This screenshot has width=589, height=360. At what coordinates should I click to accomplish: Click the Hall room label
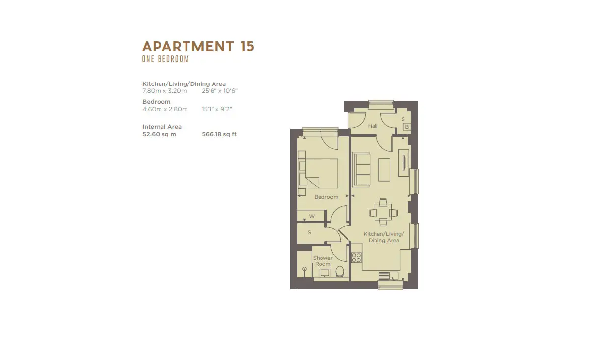pyautogui.click(x=373, y=126)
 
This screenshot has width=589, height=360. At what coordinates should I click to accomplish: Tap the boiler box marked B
pyautogui.click(x=407, y=127)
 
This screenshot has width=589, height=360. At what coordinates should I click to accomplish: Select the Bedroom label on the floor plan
pyautogui.click(x=326, y=197)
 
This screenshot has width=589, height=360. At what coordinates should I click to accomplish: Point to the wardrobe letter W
pyautogui.click(x=312, y=216)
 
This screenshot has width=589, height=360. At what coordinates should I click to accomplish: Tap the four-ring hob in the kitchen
pyautogui.click(x=356, y=258)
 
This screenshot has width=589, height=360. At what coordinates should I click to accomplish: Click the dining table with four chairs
pyautogui.click(x=383, y=212)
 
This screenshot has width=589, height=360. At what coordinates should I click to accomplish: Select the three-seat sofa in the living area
pyautogui.click(x=361, y=169)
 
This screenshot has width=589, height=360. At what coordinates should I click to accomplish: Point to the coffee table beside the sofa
pyautogui.click(x=384, y=170)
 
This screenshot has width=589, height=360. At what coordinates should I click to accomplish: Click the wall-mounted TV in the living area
pyautogui.click(x=404, y=163)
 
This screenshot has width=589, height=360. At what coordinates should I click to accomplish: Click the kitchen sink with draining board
pyautogui.click(x=388, y=276)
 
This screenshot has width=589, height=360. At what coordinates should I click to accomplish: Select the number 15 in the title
pyautogui.click(x=247, y=46)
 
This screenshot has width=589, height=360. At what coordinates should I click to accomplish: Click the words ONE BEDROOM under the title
pyautogui.click(x=166, y=59)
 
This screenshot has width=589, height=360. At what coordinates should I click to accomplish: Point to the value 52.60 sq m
pyautogui.click(x=160, y=134)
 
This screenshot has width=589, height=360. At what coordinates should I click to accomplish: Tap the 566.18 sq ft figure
pyautogui.click(x=219, y=134)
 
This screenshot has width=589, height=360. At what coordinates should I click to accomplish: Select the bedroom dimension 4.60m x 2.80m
pyautogui.click(x=165, y=109)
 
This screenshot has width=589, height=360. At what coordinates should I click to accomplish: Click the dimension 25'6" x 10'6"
pyautogui.click(x=219, y=91)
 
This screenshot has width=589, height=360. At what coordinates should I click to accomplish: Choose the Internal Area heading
pyautogui.click(x=162, y=127)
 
